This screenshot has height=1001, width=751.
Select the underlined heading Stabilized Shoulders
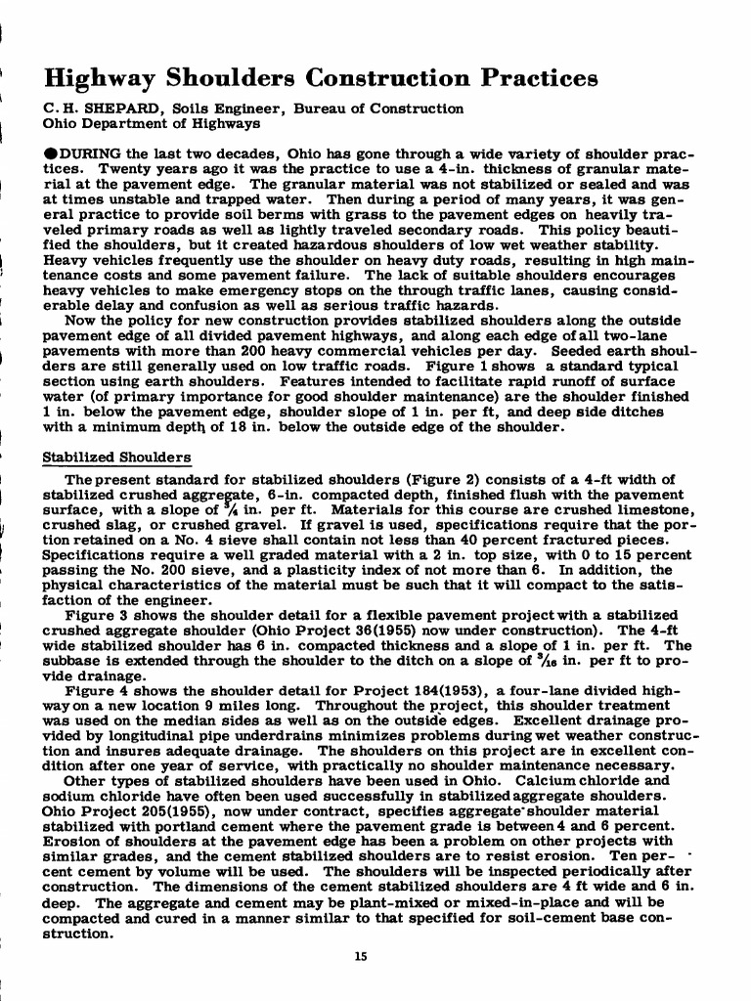[x=117, y=457]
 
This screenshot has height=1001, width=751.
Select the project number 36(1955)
[x=349, y=630]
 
